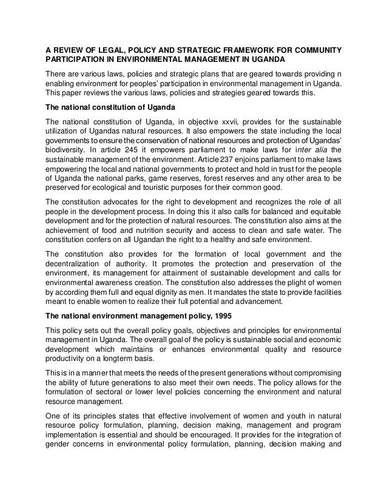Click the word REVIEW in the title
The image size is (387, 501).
73,49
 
